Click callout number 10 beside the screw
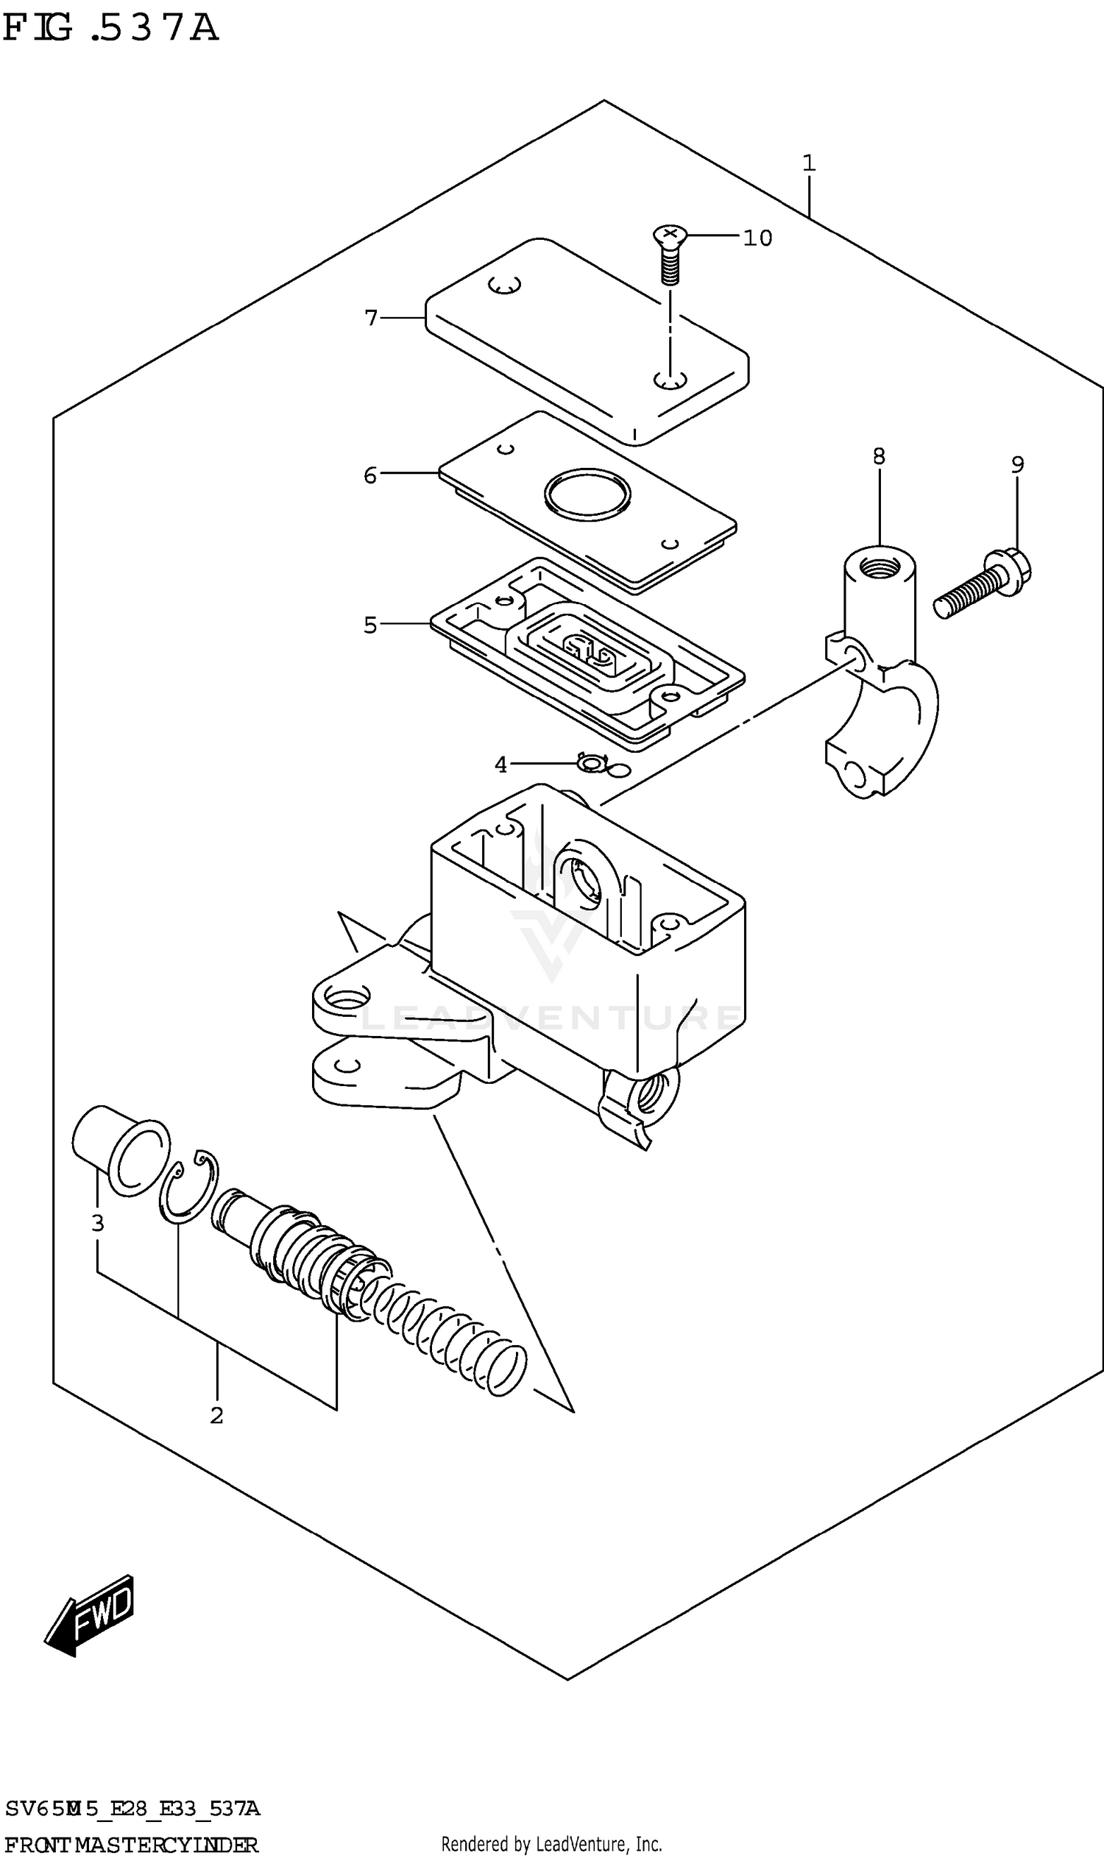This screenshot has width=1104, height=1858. coord(757,238)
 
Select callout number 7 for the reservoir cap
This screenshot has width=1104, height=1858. coord(371,319)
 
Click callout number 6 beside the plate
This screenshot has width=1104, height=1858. coord(370,475)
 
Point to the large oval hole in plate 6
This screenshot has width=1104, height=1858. coord(587,494)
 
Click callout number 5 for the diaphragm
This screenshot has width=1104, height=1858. coord(370,625)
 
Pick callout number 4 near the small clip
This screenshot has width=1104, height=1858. coord(500,765)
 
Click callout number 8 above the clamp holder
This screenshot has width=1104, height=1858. coord(879,456)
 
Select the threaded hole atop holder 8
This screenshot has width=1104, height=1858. coord(879,571)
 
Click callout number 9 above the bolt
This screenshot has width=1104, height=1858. coord(1017,465)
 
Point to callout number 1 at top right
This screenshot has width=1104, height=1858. coord(809,163)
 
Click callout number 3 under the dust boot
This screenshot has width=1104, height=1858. coord(97,1224)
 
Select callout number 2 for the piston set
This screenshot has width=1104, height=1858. coord(216,1415)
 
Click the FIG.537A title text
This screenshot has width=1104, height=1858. coord(112,28)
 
